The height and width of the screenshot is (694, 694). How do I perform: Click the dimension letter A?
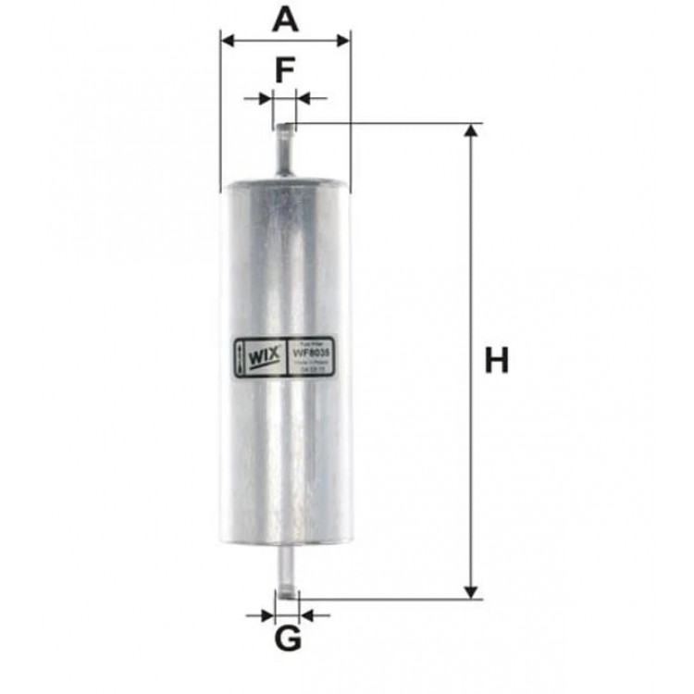[285, 19]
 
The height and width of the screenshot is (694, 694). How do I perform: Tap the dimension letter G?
[289, 638]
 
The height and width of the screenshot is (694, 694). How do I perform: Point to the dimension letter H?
[497, 360]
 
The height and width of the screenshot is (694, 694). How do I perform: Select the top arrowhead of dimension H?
[472, 130]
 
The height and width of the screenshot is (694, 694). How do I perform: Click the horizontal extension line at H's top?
[389, 123]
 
